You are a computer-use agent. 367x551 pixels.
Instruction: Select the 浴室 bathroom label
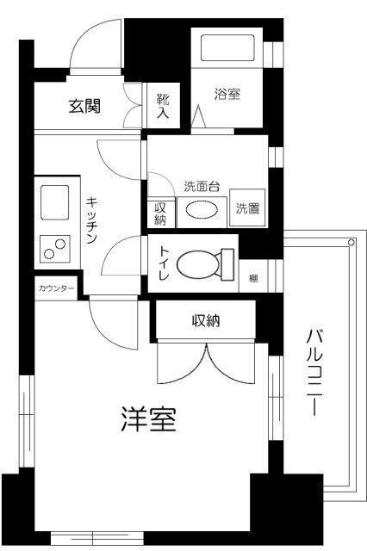pyautogui.click(x=228, y=96)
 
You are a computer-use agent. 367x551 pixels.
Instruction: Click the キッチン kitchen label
pyautogui.click(x=95, y=220)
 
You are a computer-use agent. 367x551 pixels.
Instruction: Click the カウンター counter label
pyautogui.click(x=56, y=287)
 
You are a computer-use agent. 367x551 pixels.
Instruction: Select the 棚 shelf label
pyautogui.click(x=253, y=278)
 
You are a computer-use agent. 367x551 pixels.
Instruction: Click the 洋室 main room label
pyautogui.click(x=147, y=421)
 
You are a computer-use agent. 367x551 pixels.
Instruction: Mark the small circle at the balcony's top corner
pyautogui.click(x=351, y=244)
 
